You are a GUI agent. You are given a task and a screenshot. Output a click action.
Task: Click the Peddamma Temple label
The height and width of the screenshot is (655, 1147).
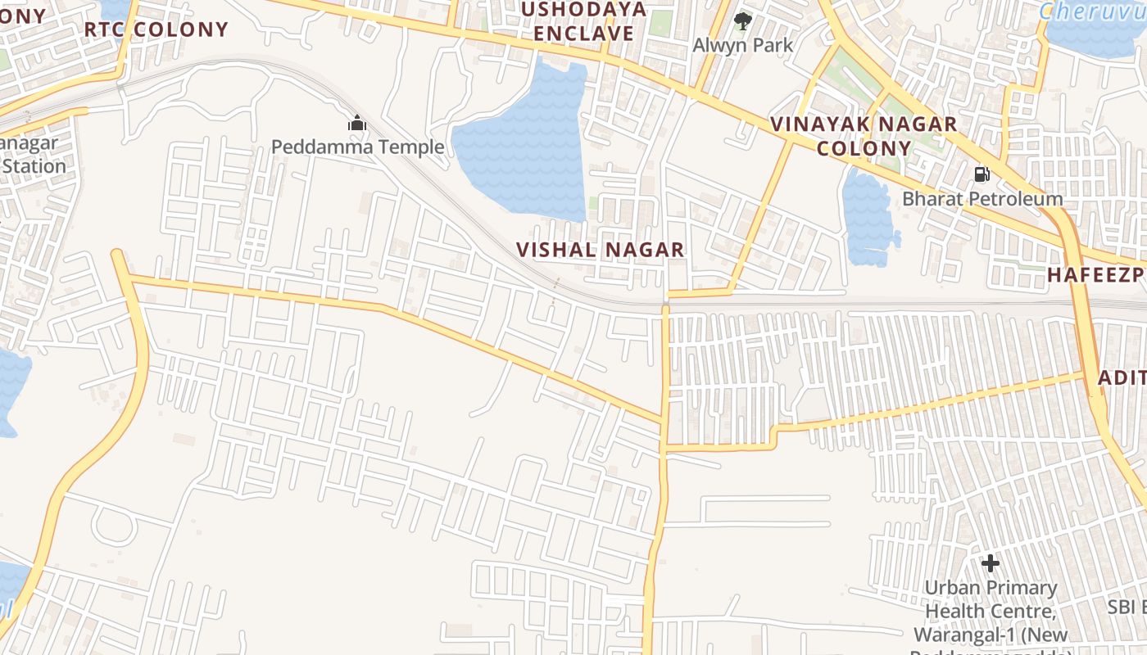(357, 147)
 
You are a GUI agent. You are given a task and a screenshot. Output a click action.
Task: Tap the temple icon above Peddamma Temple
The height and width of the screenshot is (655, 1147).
(357, 124)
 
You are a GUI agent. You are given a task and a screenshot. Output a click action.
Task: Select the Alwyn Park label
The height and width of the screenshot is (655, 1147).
(743, 44)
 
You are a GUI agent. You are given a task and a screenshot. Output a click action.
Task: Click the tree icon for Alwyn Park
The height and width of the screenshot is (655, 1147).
(743, 20)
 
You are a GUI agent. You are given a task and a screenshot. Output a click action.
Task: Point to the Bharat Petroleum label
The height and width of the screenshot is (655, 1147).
(982, 198)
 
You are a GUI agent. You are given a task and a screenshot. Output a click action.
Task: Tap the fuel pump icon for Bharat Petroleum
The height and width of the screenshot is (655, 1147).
(982, 174)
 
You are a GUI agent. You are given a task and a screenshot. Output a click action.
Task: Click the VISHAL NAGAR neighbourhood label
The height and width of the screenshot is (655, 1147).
(601, 250)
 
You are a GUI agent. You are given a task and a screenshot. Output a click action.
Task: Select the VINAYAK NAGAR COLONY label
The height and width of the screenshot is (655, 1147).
(864, 136)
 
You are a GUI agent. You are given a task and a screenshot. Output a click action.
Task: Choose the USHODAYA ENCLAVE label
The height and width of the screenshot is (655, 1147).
(584, 21)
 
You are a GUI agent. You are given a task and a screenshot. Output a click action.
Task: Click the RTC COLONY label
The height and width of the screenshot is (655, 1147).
(156, 29)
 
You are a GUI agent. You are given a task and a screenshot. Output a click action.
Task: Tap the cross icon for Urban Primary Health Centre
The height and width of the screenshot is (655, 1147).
(991, 563)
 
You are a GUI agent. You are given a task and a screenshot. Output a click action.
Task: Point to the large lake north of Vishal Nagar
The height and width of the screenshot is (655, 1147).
(524, 143)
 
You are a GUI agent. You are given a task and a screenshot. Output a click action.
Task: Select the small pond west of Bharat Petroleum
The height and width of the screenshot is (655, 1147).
(867, 217)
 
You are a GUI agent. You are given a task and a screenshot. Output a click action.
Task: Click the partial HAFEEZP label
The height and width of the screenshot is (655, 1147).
(1096, 275)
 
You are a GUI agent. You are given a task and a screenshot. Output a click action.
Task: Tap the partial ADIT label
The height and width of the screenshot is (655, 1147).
(1122, 377)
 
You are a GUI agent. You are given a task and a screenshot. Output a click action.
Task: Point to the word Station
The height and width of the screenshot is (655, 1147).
(33, 166)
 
